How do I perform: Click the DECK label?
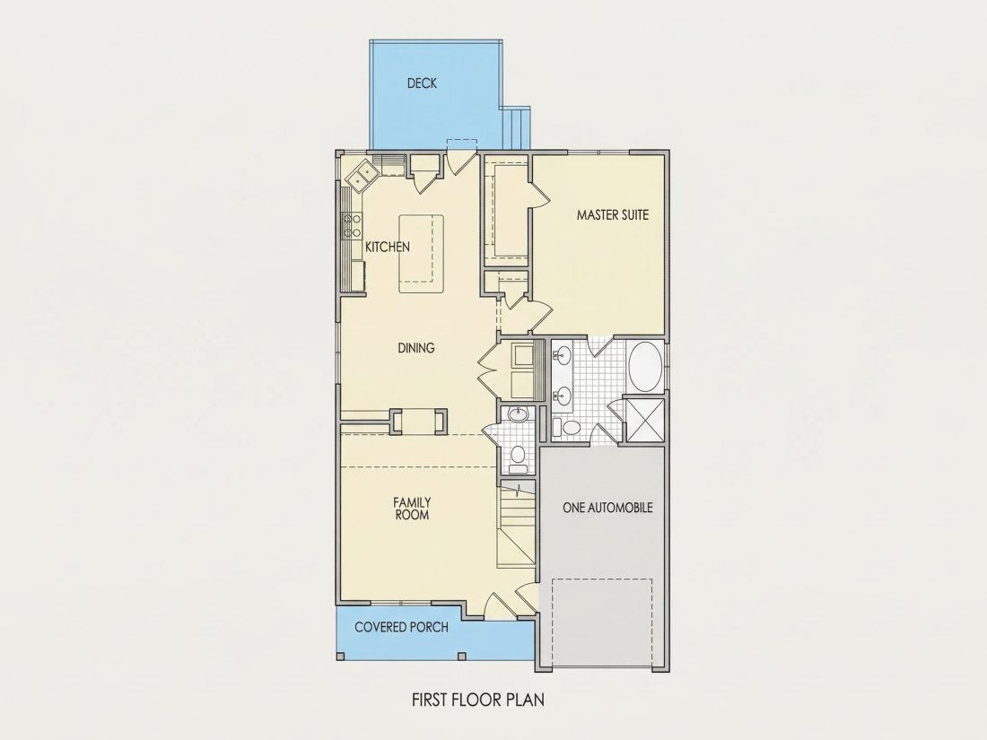422,83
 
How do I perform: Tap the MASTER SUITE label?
613,214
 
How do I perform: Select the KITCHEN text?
388,248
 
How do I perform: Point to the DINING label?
416,348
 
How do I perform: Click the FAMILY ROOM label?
413,509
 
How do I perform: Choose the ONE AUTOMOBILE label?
607,507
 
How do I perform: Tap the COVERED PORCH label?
402,627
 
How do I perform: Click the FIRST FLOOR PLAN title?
478,699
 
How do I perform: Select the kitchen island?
421,254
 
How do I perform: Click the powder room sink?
518,415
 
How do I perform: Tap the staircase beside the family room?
516,526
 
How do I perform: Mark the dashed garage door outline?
602,623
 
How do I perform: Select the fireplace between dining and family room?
419,422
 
